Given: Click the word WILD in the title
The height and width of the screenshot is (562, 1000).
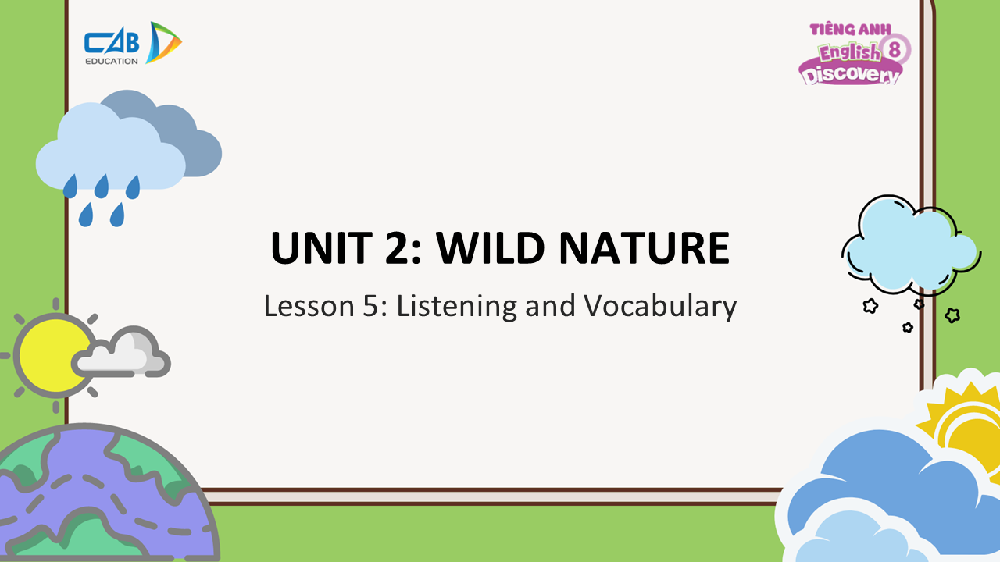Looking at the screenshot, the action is tap(490, 247).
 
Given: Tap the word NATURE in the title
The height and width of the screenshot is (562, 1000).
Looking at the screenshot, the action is tap(645, 247).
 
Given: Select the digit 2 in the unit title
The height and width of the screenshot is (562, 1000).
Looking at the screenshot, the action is tap(398, 247).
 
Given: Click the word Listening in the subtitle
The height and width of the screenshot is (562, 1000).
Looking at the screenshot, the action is tap(457, 307).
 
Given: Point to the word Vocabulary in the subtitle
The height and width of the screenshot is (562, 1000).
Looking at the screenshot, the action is tap(661, 307).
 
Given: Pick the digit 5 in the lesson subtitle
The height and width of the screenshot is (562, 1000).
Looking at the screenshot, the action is tap(370, 307).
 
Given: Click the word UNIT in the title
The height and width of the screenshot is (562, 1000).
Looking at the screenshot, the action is tap(321, 247).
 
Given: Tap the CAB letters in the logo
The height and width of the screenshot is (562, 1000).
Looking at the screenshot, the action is tap(112, 43).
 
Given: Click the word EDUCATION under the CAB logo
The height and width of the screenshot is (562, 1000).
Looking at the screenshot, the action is tap(112, 61).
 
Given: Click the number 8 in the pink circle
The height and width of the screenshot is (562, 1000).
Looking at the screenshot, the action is tap(895, 49).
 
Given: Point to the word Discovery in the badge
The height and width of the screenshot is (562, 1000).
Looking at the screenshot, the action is tap(851, 74).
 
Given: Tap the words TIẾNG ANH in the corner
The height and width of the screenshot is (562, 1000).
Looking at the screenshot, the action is tap(850, 30).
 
